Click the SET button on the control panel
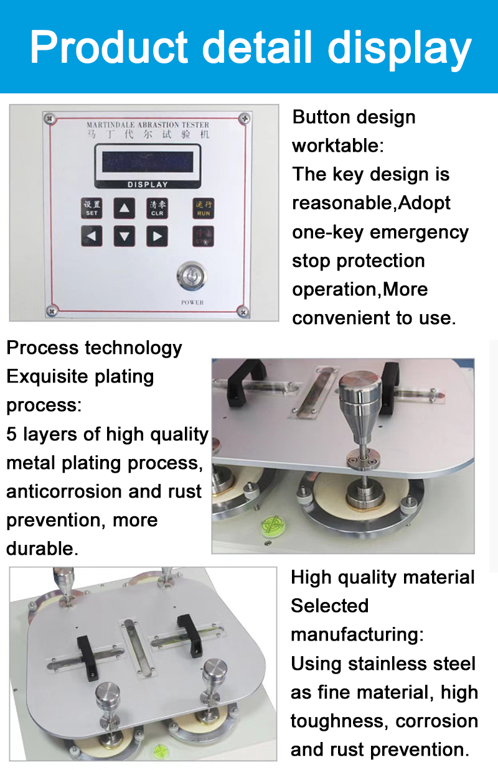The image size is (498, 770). [x=92, y=208]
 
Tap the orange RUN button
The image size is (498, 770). [x=203, y=208]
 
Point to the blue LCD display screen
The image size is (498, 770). [x=148, y=161]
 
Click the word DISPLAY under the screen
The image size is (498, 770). [x=148, y=185]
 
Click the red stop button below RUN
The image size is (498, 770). [x=203, y=236]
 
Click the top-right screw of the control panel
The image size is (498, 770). [x=245, y=118]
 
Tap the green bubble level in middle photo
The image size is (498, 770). [x=271, y=524]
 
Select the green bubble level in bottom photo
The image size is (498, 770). [x=161, y=750]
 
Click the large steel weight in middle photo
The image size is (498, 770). [x=360, y=398]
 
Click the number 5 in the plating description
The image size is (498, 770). [x=12, y=434]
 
